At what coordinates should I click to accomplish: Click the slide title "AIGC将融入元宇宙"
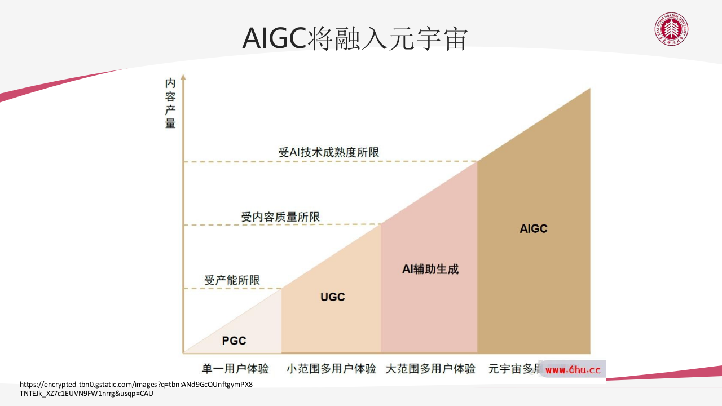(355, 39)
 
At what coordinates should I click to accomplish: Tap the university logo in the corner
(671, 29)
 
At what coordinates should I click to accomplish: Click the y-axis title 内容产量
(170, 103)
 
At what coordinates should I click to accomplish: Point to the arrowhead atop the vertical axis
(183, 77)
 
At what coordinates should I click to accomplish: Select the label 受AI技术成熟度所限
(328, 152)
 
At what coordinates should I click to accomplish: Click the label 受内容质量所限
(280, 217)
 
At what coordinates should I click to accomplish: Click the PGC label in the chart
(234, 341)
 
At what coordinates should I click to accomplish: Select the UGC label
(332, 297)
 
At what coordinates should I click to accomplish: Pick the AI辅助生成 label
(430, 269)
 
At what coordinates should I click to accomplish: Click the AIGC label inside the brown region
(534, 228)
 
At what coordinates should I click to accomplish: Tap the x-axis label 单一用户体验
(235, 369)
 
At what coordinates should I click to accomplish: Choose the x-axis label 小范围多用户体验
(331, 369)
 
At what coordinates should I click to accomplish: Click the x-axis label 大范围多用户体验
(430, 369)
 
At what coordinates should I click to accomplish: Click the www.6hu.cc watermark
(573, 370)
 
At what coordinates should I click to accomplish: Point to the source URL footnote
(137, 389)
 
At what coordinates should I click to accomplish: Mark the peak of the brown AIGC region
(589, 89)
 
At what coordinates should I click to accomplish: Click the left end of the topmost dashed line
(186, 162)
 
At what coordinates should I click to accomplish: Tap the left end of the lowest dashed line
(186, 289)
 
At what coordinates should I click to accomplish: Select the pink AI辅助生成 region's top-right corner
(477, 162)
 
